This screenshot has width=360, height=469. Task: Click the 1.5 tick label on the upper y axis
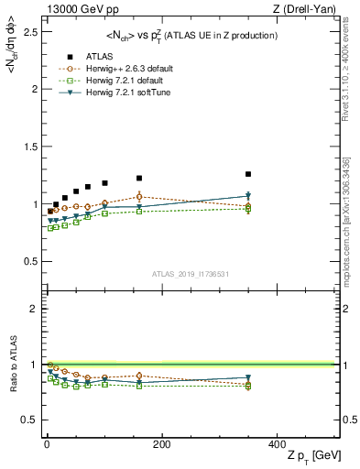pos(31,147)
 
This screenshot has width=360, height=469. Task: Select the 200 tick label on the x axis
pos(161,444)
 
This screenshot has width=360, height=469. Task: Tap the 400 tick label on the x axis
pos(276,444)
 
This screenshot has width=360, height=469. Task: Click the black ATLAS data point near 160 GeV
pos(139,178)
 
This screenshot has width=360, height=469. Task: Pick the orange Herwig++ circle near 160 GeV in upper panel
pos(139,196)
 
